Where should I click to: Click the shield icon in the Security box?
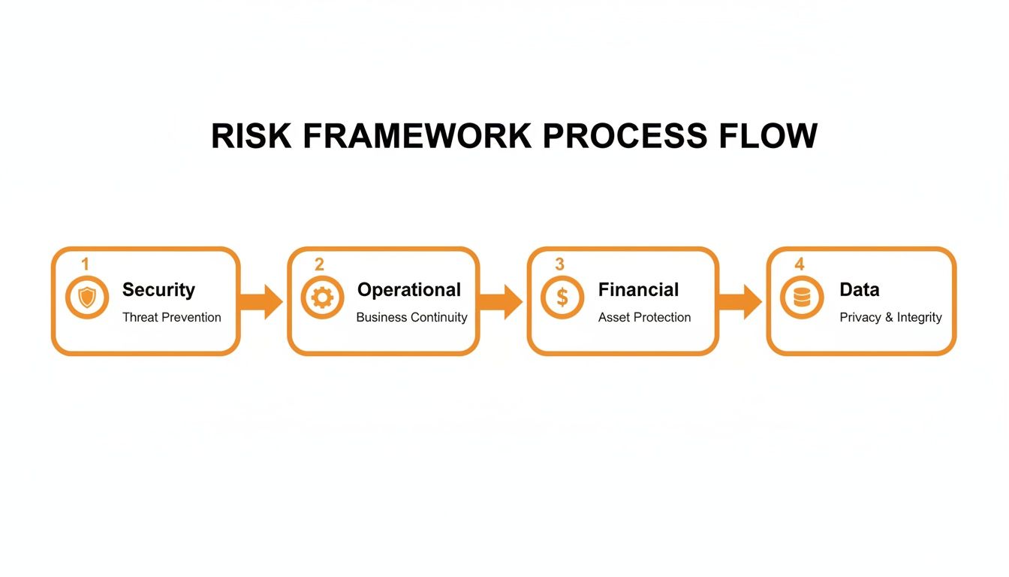point(87,298)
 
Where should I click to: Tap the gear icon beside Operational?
point(322,298)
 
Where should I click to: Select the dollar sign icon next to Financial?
point(562,298)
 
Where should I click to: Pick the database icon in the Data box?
point(802,298)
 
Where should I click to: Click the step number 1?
point(85,264)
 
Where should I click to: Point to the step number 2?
point(319,264)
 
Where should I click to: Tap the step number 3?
point(559,264)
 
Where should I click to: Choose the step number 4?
point(799,264)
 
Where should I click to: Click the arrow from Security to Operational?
point(261,301)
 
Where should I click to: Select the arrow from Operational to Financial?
point(500,301)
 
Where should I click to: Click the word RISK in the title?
point(251,137)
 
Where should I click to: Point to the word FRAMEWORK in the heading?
point(417,137)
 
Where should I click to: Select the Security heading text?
point(158,290)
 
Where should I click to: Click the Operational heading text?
point(409,290)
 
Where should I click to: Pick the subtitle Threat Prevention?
point(171,317)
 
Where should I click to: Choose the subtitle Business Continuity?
point(411,317)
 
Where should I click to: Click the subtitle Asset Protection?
point(644,317)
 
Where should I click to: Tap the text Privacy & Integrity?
point(890,317)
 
